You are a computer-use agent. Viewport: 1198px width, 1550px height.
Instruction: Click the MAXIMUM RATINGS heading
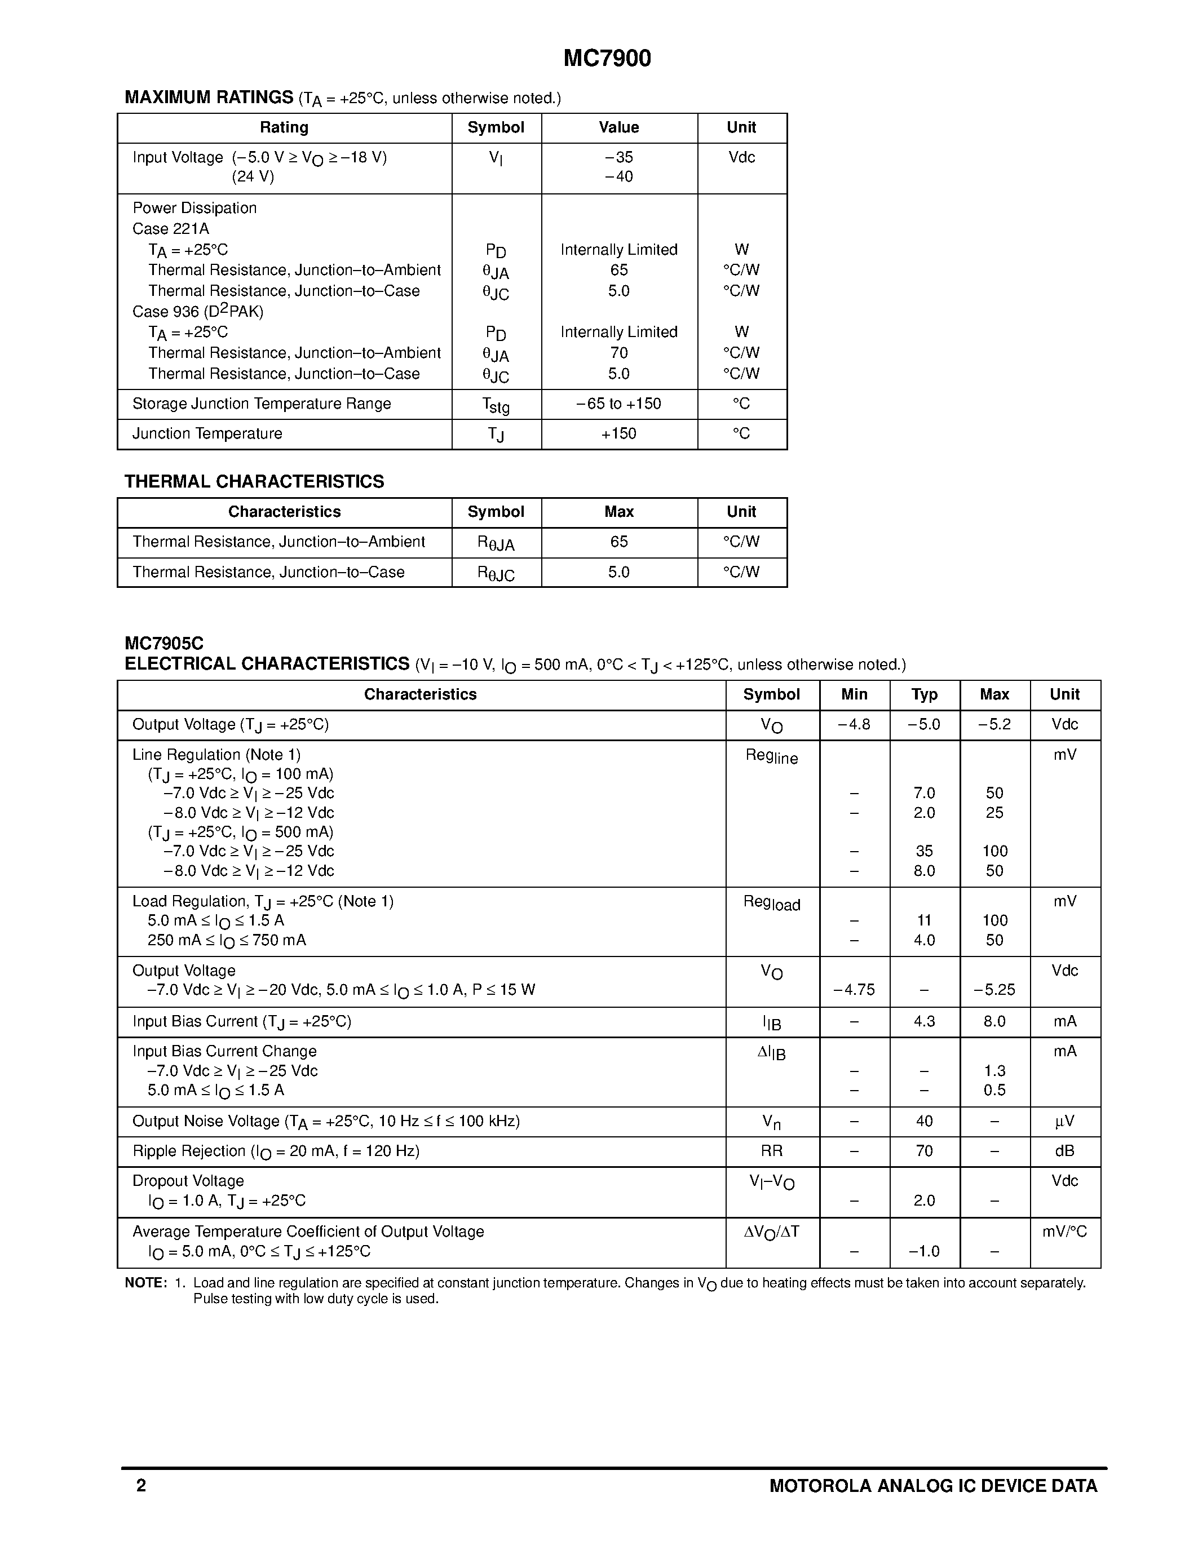[x=209, y=98]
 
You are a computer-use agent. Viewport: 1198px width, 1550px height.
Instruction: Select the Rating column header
[x=284, y=128]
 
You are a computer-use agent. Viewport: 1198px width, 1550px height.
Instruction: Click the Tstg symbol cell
[x=496, y=405]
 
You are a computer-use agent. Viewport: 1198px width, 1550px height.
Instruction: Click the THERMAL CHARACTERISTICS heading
[x=254, y=482]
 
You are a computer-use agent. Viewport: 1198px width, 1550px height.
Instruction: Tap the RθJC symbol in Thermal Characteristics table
[x=496, y=573]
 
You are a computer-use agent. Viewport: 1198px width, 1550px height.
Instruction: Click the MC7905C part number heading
[x=164, y=644]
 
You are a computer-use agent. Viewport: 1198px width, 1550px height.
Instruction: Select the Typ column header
[x=924, y=695]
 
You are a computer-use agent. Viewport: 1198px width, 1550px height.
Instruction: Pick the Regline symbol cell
[x=771, y=756]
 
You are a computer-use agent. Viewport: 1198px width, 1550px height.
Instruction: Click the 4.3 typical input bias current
[x=924, y=1021]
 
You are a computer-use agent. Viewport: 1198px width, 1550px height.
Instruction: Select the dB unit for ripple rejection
[x=1064, y=1151]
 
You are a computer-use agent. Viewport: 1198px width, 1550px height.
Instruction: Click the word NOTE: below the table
[x=145, y=1283]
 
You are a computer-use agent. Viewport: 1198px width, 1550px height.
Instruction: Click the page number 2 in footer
[x=142, y=1485]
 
